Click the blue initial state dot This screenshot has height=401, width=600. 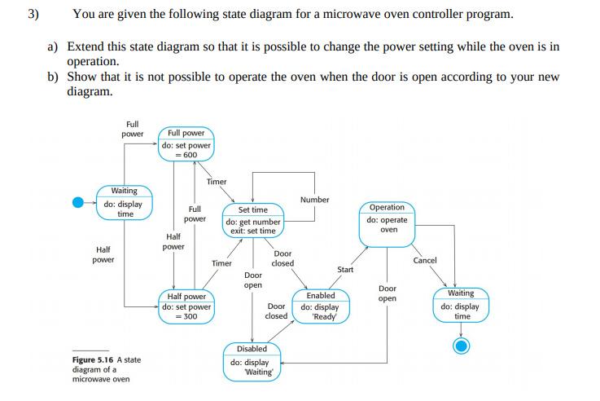tap(78, 202)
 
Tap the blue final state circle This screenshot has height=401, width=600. tap(462, 346)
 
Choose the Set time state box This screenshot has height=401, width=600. tap(252, 220)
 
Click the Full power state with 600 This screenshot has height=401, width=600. tap(186, 143)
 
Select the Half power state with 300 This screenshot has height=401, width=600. tap(186, 306)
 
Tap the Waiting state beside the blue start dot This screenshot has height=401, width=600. tap(125, 202)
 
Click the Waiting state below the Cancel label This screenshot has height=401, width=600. tap(462, 304)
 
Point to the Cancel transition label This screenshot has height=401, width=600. tap(425, 261)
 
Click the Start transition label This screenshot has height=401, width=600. tap(345, 269)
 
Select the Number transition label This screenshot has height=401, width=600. tap(314, 200)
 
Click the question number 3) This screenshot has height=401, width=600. tap(33, 15)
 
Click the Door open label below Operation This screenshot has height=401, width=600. tap(388, 293)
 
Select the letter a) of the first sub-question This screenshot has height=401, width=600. tap(53, 46)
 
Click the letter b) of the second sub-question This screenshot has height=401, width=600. tap(53, 77)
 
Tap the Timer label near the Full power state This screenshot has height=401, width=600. tap(217, 182)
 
